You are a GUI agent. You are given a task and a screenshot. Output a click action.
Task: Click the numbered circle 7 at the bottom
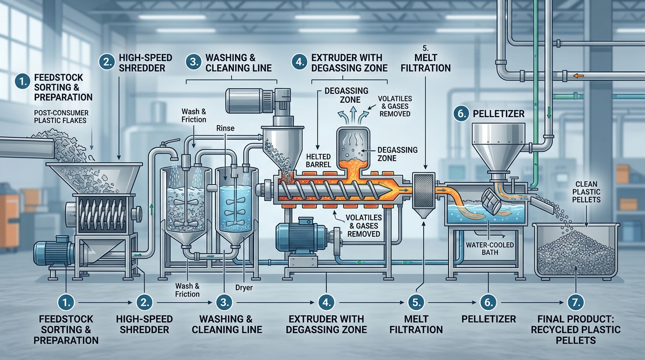click(575, 302)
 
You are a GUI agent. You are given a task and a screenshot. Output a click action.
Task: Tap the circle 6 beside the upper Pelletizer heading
click(460, 113)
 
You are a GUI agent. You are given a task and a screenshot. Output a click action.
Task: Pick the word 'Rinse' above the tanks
click(225, 127)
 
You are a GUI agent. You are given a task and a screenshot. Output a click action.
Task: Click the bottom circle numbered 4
click(326, 302)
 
